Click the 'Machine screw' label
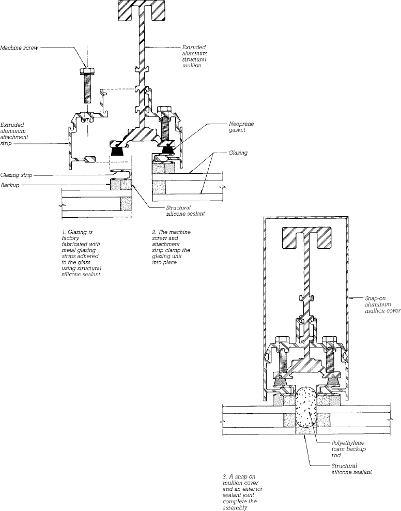[x=19, y=48]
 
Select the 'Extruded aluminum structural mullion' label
[x=195, y=56]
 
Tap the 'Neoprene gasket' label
[x=241, y=127]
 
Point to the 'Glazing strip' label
[x=16, y=175]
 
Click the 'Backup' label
[x=10, y=185]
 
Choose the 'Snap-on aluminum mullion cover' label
[x=382, y=305]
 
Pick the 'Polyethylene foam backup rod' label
[x=348, y=449]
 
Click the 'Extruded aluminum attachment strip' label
[x=14, y=134]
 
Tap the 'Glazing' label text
[x=238, y=153]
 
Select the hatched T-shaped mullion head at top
[x=141, y=11]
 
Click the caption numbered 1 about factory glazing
[x=81, y=253]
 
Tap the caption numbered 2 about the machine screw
[x=171, y=247]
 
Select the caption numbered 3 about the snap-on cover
[x=242, y=492]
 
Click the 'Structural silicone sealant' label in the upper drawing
[x=186, y=211]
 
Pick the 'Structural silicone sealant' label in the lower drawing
[x=351, y=469]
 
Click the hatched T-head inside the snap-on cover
[x=306, y=237]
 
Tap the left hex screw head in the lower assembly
[x=282, y=339]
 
